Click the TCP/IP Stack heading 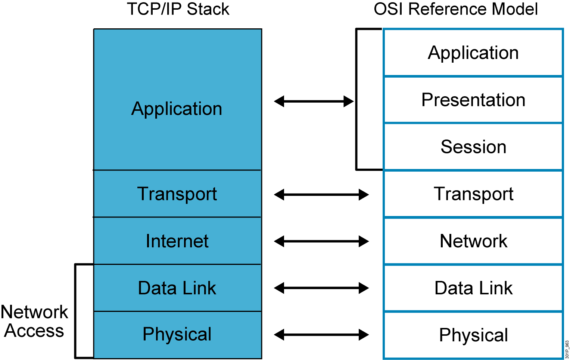[x=178, y=9]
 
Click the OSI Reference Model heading [x=456, y=9]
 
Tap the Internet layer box [x=177, y=241]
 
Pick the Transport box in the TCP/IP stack [x=177, y=194]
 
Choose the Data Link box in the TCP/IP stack [x=177, y=288]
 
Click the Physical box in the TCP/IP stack [x=177, y=335]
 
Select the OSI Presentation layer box [x=473, y=100]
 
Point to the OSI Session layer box [x=473, y=147]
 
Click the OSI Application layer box [x=473, y=53]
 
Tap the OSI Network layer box [x=473, y=241]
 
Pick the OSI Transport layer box [x=473, y=194]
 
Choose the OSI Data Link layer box [x=473, y=288]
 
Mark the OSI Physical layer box [x=473, y=335]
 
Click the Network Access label [x=34, y=321]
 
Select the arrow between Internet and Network [x=321, y=241]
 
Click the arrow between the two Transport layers [x=321, y=194]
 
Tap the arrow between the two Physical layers [x=321, y=335]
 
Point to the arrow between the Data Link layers [x=321, y=288]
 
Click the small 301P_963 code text [x=567, y=349]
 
